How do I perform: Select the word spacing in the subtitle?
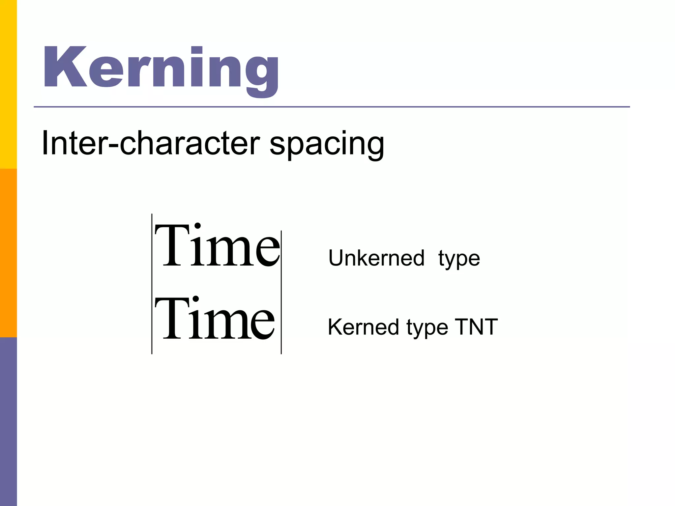327,145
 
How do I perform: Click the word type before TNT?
427,329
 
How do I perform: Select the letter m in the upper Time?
227,252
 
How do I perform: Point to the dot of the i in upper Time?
197,226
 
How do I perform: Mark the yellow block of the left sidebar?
8,84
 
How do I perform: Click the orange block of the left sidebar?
8,253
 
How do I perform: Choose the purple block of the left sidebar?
8,422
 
